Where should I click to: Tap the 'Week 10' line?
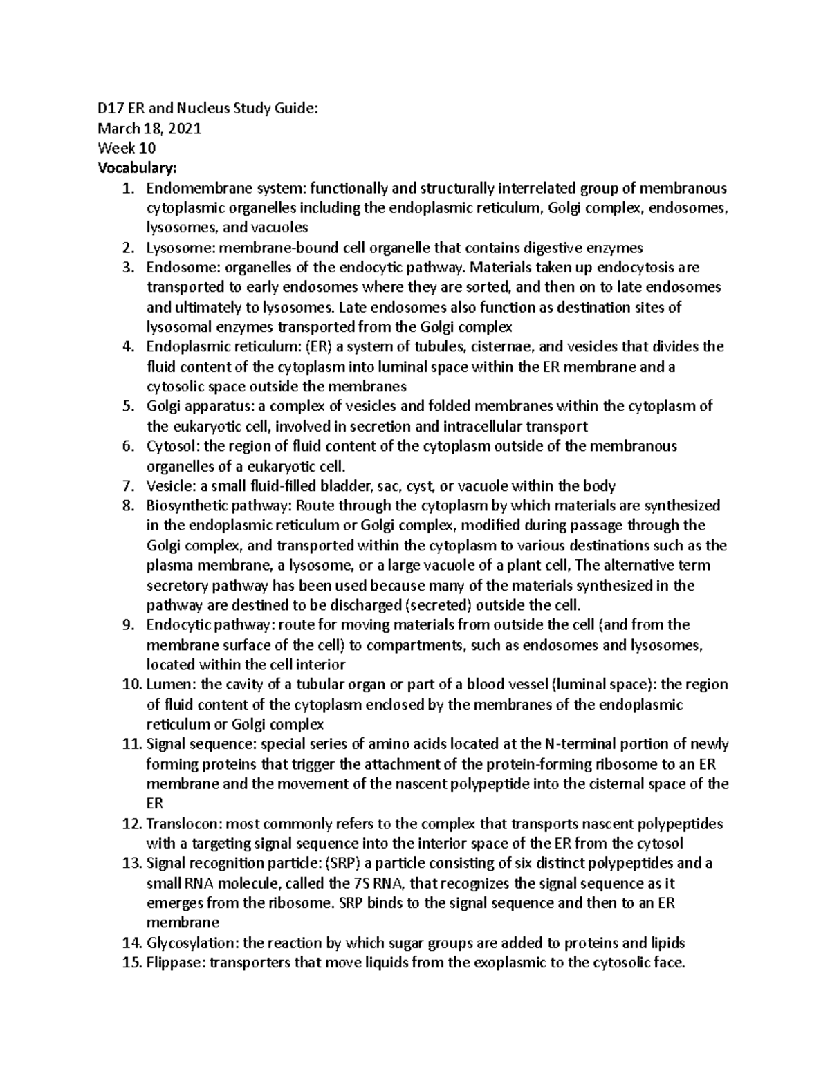click(127, 148)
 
